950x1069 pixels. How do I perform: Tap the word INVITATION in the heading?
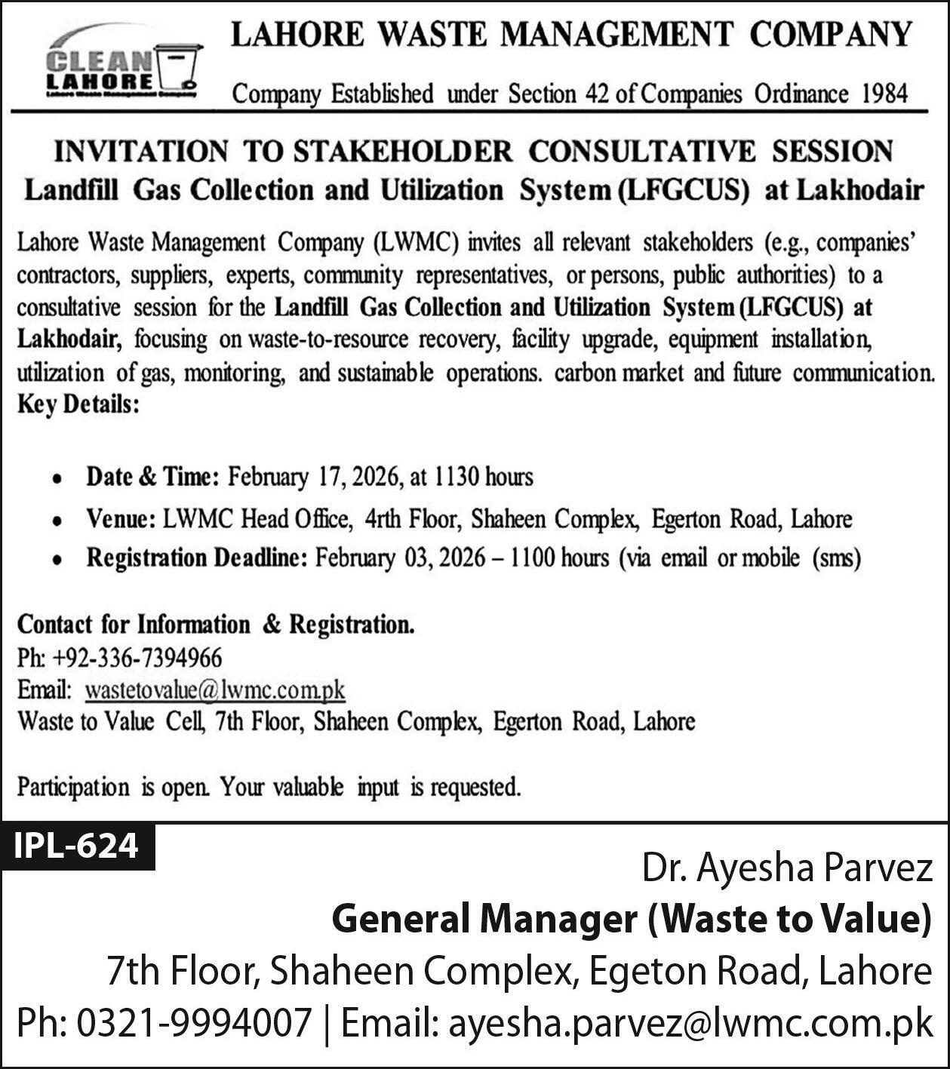(x=140, y=151)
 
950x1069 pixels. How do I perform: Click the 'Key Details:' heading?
(x=78, y=405)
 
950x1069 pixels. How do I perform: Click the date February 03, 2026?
(x=400, y=558)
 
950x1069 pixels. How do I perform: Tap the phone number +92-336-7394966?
(x=137, y=658)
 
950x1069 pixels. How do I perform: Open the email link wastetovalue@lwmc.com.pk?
(x=215, y=690)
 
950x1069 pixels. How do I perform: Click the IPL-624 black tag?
(x=77, y=846)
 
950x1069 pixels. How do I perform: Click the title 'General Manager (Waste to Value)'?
(x=631, y=919)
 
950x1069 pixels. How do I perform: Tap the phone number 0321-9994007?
(x=194, y=1024)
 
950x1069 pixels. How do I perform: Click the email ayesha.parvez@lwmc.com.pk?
(x=690, y=1024)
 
